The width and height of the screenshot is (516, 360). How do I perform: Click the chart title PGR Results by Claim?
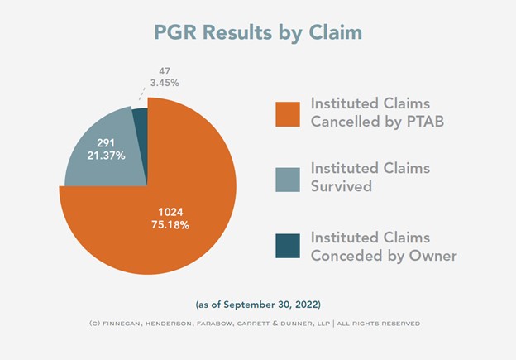click(258, 33)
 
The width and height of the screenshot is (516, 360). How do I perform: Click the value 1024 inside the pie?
click(170, 212)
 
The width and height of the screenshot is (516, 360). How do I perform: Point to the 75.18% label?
click(170, 225)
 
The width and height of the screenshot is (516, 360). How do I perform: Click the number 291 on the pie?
click(106, 142)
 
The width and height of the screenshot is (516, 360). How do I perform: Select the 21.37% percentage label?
click(106, 155)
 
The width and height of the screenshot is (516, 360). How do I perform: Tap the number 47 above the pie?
click(165, 71)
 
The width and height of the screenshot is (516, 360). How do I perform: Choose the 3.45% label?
click(165, 83)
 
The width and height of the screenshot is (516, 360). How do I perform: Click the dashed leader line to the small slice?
click(141, 94)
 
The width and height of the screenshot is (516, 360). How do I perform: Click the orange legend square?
click(288, 114)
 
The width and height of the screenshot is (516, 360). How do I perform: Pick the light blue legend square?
click(288, 180)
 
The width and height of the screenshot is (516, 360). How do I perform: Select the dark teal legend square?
click(288, 246)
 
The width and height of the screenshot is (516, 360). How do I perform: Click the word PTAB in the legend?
click(426, 121)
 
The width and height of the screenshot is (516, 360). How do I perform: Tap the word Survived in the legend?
click(342, 186)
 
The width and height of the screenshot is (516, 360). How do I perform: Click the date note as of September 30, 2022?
click(258, 305)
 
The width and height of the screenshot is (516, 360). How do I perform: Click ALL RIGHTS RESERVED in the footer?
click(378, 324)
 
